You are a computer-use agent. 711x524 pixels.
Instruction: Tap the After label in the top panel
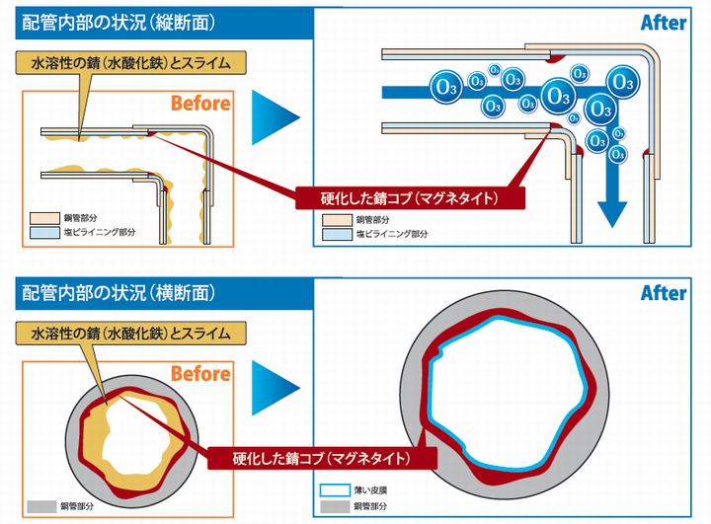pyautogui.click(x=663, y=22)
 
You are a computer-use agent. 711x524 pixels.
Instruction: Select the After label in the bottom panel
pyautogui.click(x=663, y=293)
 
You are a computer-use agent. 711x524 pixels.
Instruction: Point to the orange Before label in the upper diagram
pyautogui.click(x=200, y=104)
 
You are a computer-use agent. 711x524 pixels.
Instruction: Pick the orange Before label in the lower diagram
pyautogui.click(x=200, y=374)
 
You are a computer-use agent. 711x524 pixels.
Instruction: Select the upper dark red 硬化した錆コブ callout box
pyautogui.click(x=411, y=197)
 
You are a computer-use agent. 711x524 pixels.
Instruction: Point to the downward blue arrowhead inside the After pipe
pyautogui.click(x=614, y=211)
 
